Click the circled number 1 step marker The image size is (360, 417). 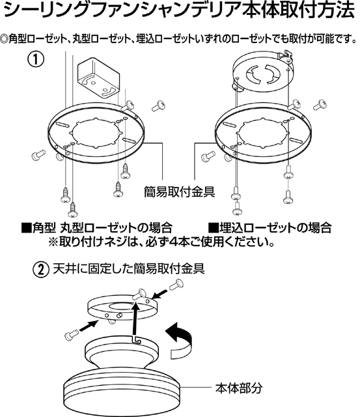click(35, 59)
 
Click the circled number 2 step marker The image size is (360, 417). click(40, 270)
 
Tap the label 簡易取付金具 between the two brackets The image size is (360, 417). click(179, 192)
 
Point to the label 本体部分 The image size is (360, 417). click(239, 388)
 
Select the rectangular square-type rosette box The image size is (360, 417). click(98, 77)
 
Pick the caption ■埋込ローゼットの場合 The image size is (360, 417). click(270, 228)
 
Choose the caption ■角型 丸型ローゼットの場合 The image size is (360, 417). click(97, 228)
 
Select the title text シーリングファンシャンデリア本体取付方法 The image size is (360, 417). click(180, 10)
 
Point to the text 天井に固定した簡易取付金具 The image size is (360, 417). click(129, 269)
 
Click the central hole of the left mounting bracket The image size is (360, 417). click(96, 134)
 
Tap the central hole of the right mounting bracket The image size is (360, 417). click(263, 133)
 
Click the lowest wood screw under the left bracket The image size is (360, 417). click(72, 210)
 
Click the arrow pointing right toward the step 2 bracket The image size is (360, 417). click(88, 326)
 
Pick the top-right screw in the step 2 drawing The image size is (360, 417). click(176, 285)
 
